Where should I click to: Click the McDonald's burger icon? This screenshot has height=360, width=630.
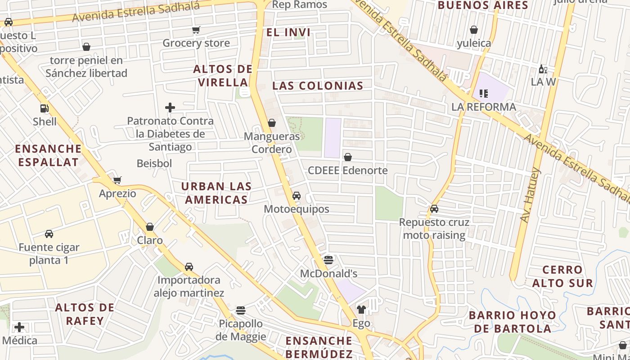pyautogui.click(x=328, y=260)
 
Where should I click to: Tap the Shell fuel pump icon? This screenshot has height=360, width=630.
pyautogui.click(x=44, y=108)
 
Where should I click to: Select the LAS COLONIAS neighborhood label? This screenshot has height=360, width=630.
pyautogui.click(x=318, y=85)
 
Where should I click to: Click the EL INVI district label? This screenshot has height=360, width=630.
pyautogui.click(x=288, y=32)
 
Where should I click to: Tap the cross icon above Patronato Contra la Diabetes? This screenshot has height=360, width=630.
pyautogui.click(x=170, y=108)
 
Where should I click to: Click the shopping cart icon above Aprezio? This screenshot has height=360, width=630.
pyautogui.click(x=117, y=180)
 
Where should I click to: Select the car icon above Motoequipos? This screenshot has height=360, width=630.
pyautogui.click(x=297, y=196)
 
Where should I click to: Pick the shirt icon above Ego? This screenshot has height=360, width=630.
pyautogui.click(x=361, y=310)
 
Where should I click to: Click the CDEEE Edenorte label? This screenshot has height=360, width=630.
pyautogui.click(x=347, y=171)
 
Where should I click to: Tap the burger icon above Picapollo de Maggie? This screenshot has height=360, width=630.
pyautogui.click(x=241, y=310)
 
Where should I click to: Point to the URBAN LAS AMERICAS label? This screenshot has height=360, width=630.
pyautogui.click(x=216, y=193)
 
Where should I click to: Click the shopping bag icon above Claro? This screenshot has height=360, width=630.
pyautogui.click(x=150, y=227)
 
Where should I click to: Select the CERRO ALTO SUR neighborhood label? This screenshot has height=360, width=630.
pyautogui.click(x=562, y=276)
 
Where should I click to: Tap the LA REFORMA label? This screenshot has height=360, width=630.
pyautogui.click(x=484, y=107)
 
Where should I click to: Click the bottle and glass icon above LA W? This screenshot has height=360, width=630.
pyautogui.click(x=543, y=69)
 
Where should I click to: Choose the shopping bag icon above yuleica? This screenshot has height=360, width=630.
pyautogui.click(x=474, y=30)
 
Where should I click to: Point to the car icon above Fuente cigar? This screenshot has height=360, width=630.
pyautogui.click(x=49, y=234)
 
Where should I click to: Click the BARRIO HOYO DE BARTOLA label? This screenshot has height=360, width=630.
pyautogui.click(x=513, y=321)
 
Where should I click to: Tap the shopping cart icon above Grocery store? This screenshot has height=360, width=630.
pyautogui.click(x=196, y=30)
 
